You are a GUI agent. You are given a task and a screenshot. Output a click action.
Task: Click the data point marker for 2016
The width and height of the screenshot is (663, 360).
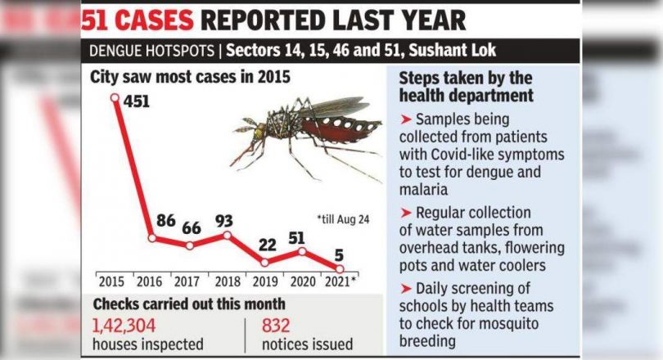tap(152, 238)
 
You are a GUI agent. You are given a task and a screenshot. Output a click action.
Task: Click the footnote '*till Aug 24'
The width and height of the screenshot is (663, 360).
tap(343, 219)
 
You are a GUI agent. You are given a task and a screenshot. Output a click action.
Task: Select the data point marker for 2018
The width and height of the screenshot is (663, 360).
tap(228, 236)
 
